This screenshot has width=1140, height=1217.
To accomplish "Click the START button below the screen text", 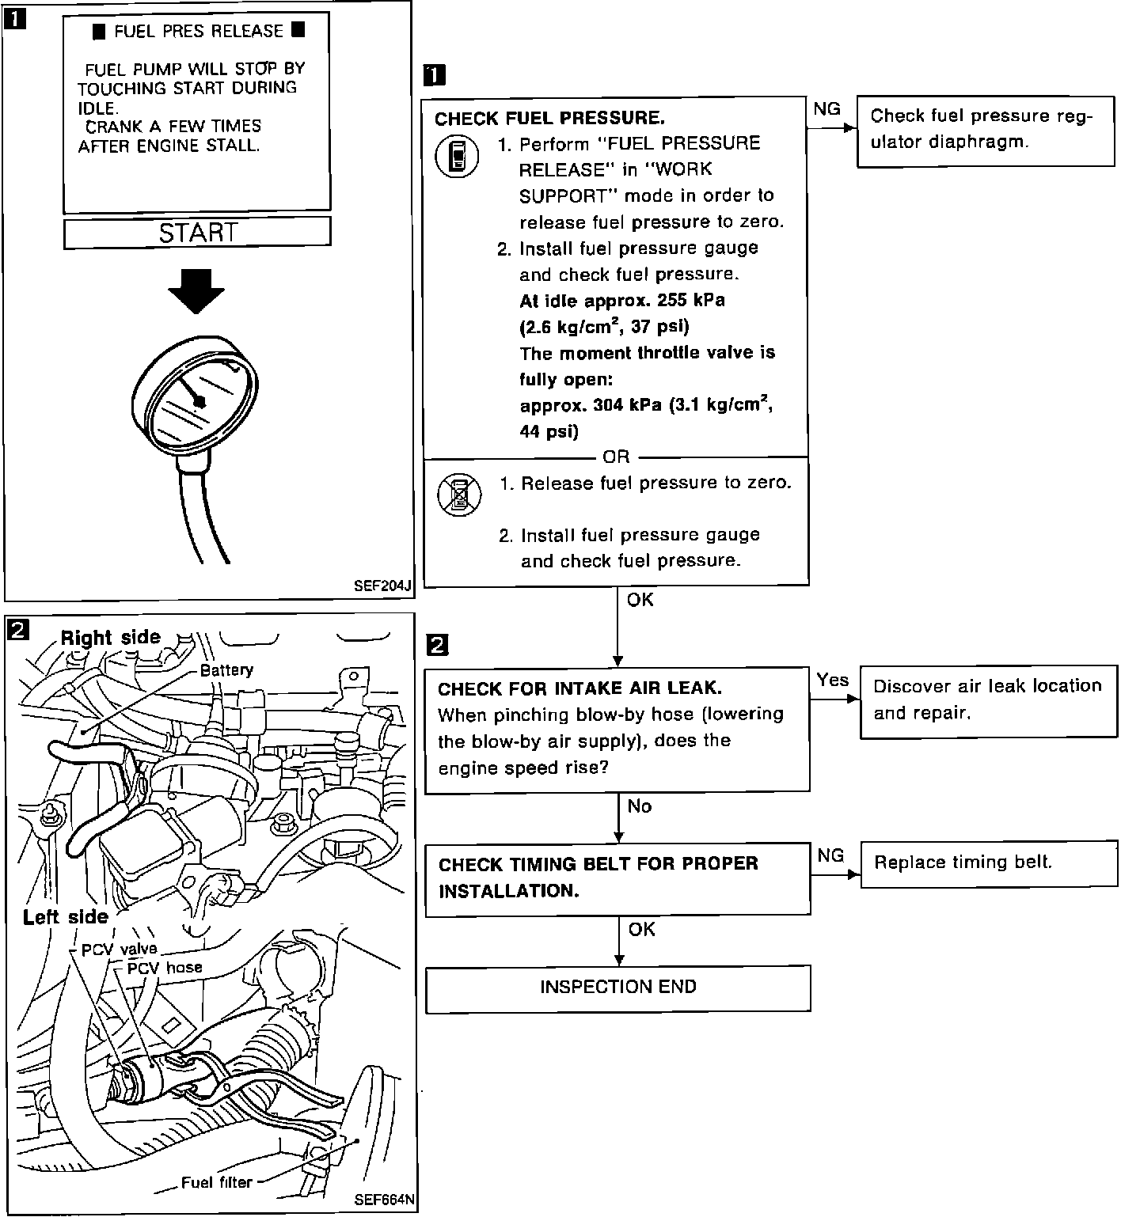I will (197, 233).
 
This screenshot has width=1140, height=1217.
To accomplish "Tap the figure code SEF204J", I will (383, 586).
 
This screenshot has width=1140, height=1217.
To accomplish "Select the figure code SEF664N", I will (384, 1200).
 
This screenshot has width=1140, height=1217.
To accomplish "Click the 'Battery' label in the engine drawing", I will (226, 670).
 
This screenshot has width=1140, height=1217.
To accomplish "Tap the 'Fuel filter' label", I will (216, 1183).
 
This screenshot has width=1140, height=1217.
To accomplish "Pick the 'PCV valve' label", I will (120, 949).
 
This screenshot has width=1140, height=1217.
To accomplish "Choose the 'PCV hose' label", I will (165, 967).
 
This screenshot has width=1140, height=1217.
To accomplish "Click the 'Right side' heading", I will (111, 638).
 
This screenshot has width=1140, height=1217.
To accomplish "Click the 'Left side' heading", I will (65, 917).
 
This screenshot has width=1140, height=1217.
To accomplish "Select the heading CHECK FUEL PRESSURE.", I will (549, 119).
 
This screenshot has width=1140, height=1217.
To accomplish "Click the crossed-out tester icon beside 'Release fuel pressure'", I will (459, 495).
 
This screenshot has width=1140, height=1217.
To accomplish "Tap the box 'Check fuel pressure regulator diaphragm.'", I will (985, 131).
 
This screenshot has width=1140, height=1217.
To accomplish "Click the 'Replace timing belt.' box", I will (988, 863).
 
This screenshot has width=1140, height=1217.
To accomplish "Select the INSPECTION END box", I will (617, 988).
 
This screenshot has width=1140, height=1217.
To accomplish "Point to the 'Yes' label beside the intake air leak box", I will (832, 680).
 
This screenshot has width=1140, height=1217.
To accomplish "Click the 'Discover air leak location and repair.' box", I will (988, 701).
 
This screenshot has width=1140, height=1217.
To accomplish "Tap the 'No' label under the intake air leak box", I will (639, 806).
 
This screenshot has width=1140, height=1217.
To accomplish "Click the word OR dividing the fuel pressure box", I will (616, 457).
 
